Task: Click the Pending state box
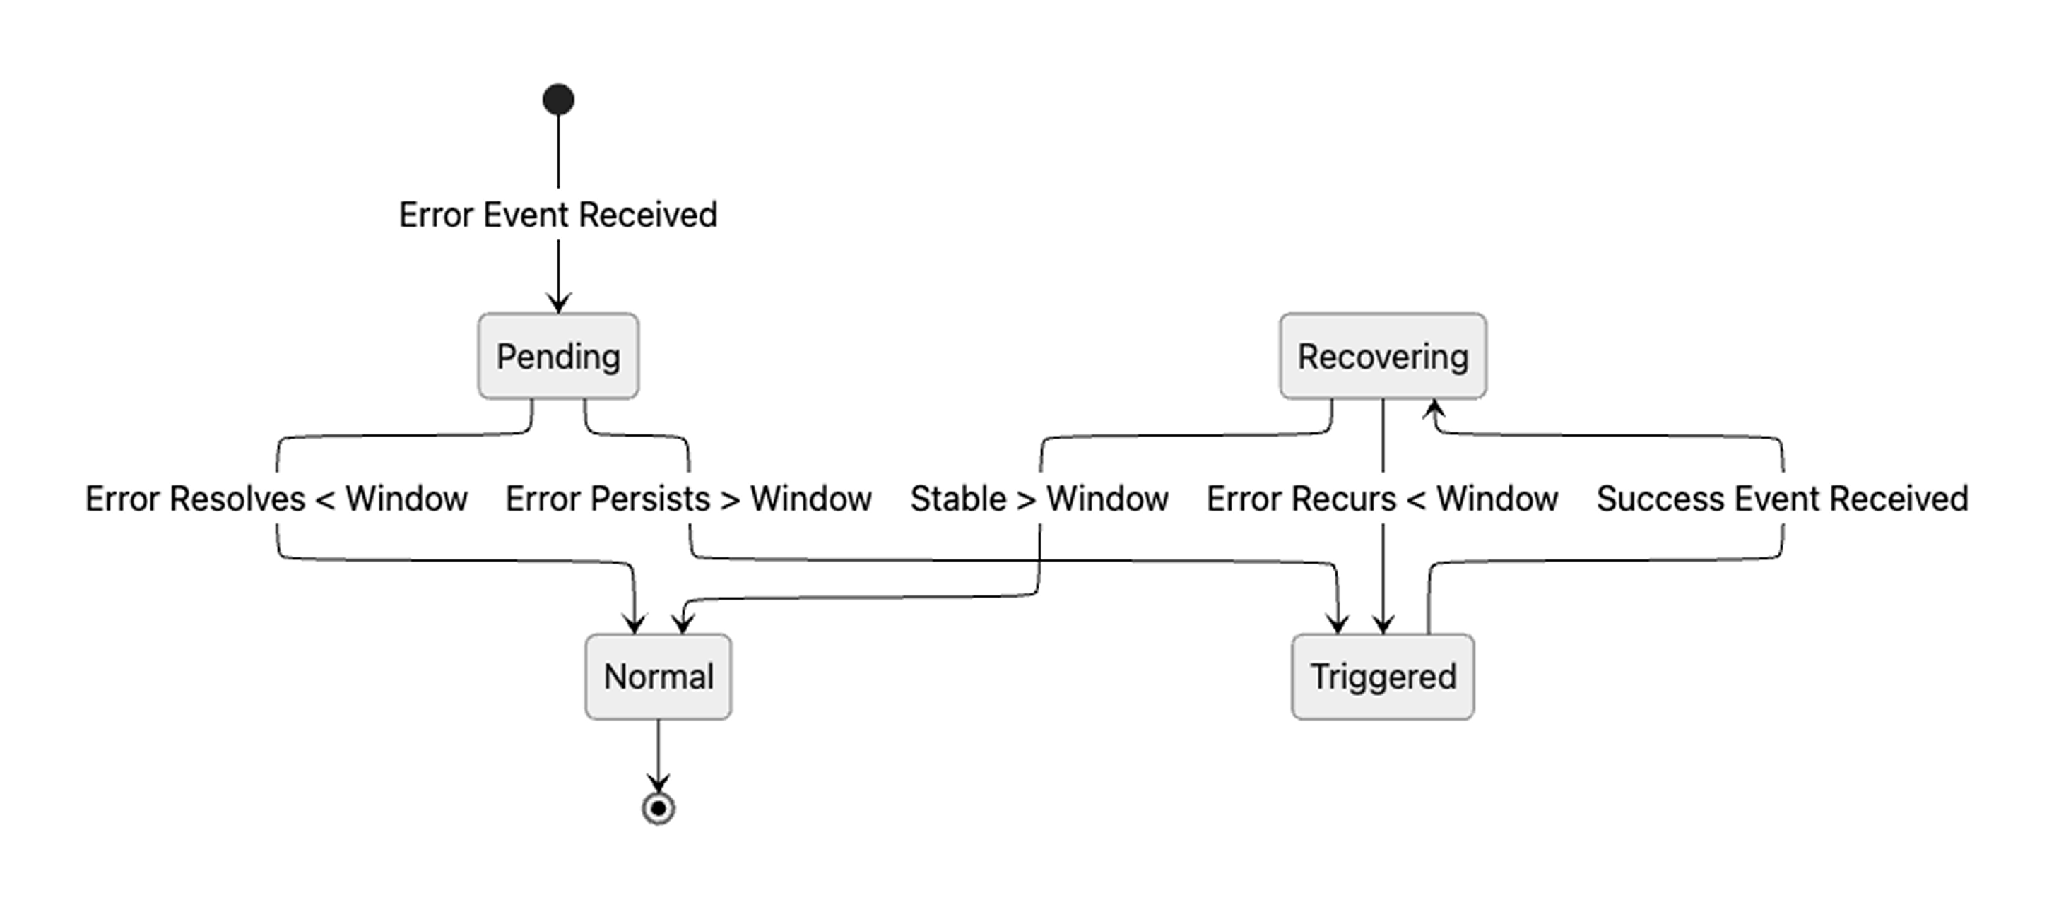(558, 356)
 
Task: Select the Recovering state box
(1383, 356)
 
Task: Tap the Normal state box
(658, 677)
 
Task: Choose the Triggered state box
(1383, 677)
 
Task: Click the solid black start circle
(558, 100)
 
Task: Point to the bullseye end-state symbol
(658, 808)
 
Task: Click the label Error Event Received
(558, 215)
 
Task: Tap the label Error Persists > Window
(688, 499)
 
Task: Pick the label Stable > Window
(1039, 499)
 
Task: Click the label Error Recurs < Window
(1382, 499)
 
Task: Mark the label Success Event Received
(1782, 499)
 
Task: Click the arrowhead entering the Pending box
(558, 304)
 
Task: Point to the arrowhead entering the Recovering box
(1434, 408)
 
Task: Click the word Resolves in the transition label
(238, 499)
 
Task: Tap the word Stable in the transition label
(957, 499)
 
